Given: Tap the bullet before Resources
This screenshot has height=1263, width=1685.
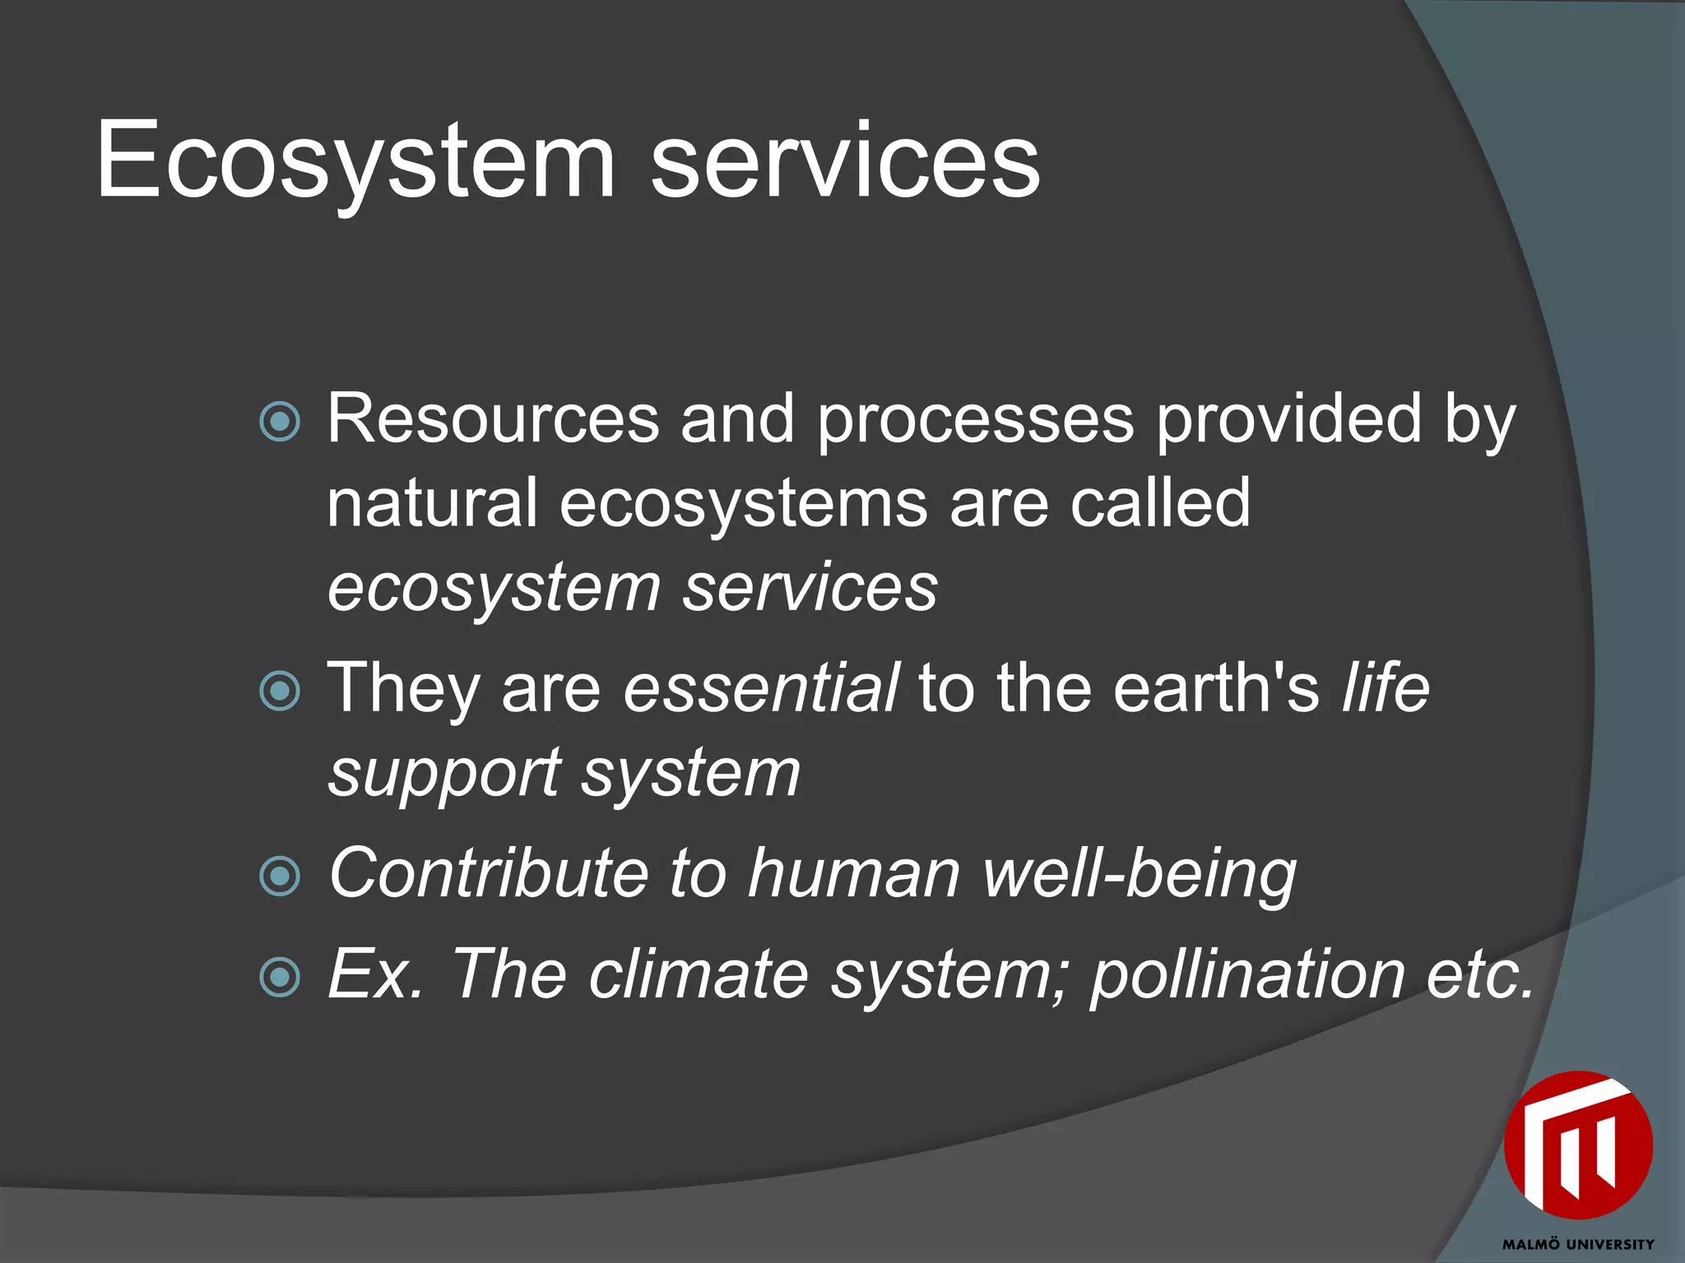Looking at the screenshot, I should (280, 422).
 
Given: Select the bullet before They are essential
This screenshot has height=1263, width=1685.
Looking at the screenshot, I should (280, 691).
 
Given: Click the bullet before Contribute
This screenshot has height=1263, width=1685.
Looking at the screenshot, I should (280, 876).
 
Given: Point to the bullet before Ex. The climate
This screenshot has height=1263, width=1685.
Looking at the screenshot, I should (280, 978).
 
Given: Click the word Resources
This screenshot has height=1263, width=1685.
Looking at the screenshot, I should (493, 419).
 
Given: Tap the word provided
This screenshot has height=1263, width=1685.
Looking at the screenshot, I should (1288, 419).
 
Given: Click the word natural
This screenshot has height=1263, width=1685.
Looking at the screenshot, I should (432, 503).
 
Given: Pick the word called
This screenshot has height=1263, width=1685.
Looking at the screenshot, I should (1160, 503).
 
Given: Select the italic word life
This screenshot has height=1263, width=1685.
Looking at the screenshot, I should (1386, 688).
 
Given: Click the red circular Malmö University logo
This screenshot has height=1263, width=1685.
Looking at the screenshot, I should (1577, 1145).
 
